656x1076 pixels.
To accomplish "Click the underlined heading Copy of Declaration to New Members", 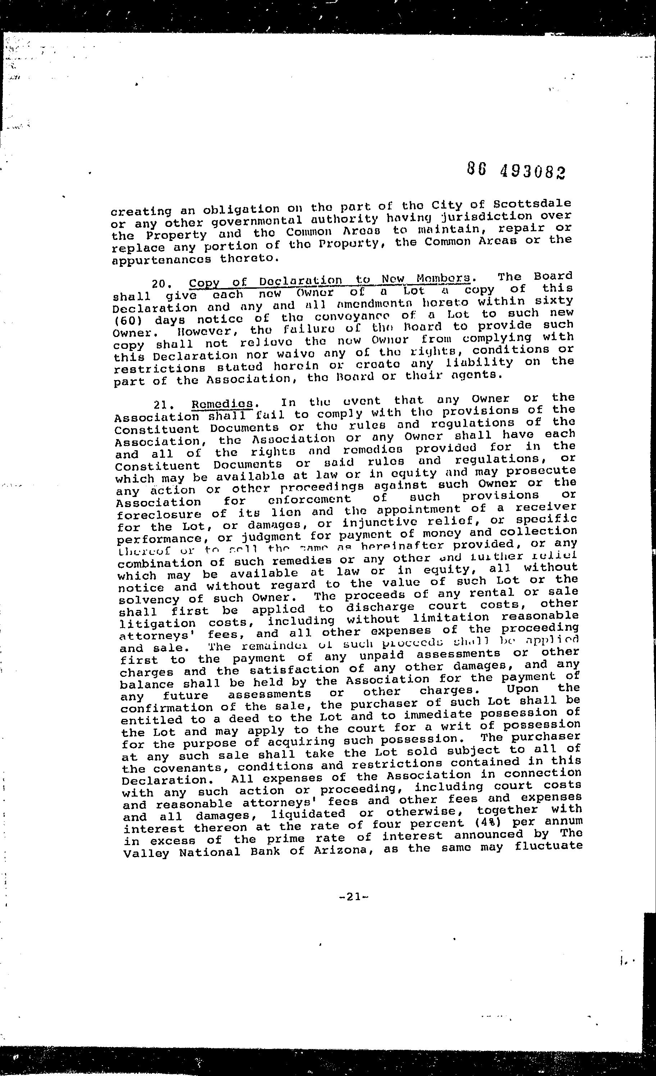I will (330, 281).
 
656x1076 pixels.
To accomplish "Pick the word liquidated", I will (308, 814).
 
